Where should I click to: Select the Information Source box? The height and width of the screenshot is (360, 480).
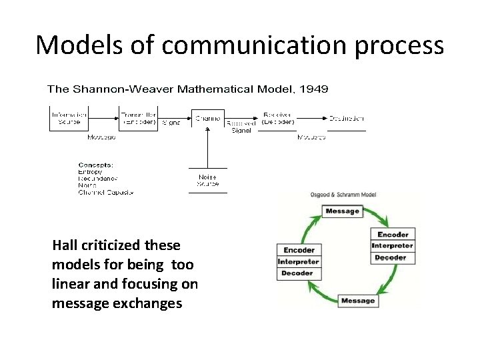pos(69,118)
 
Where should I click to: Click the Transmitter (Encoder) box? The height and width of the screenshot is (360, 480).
pos(138,118)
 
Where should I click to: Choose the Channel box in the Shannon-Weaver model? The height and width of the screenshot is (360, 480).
pos(208,118)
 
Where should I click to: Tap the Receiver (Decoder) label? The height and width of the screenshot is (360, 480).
pos(277,118)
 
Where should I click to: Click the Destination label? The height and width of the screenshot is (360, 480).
pos(346,118)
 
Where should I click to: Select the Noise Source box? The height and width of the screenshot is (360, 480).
pos(208,180)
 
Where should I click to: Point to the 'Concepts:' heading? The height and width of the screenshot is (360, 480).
pos(96,165)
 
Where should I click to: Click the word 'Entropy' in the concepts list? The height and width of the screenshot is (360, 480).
pos(91,172)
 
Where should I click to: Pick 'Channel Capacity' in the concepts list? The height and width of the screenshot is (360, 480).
pos(106,192)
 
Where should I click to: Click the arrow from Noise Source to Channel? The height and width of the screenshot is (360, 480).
pos(208,147)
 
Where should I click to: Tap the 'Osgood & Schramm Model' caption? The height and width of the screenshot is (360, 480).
pos(344,195)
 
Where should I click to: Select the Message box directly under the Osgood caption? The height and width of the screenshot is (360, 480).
pos(342,211)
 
